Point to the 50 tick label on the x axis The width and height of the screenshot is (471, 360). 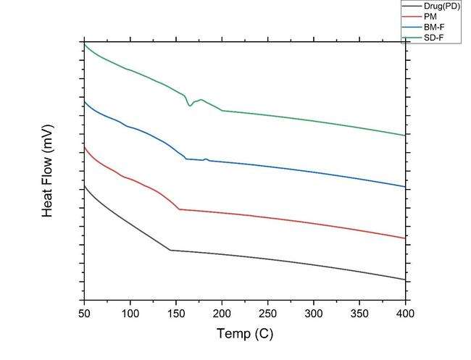click(x=84, y=313)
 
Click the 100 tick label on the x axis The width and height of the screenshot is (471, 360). click(x=130, y=313)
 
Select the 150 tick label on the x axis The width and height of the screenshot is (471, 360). click(x=176, y=313)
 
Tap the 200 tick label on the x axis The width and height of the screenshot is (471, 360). click(x=222, y=313)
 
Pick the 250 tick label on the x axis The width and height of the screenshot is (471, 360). click(x=268, y=313)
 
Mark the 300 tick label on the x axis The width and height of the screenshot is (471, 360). click(x=314, y=313)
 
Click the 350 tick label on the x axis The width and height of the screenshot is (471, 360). click(x=360, y=313)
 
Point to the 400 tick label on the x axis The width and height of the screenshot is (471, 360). click(x=406, y=313)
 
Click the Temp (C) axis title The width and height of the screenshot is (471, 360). click(x=245, y=334)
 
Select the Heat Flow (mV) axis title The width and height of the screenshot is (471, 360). click(x=49, y=170)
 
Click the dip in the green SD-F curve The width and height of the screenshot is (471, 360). click(x=191, y=106)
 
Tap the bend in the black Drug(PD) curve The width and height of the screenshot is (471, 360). click(x=170, y=250)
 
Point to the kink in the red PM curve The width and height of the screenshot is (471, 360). click(x=179, y=209)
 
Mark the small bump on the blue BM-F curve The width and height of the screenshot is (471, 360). click(x=206, y=159)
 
